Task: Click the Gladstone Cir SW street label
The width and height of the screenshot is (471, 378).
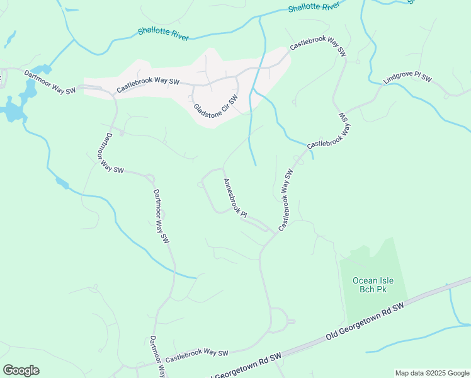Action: [215, 106]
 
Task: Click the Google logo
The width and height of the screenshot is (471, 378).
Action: [21, 370]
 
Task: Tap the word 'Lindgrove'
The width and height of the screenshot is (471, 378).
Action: [399, 84]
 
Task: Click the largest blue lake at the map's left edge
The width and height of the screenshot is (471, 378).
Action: [11, 112]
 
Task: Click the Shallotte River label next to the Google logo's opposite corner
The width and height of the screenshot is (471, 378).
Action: [314, 6]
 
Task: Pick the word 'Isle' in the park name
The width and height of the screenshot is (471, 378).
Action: [382, 280]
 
